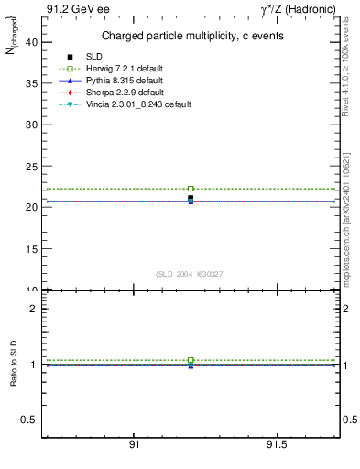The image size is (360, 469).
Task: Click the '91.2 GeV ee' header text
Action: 71,9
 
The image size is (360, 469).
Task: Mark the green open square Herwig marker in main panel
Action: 191,189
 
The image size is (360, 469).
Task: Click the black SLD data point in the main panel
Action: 191,198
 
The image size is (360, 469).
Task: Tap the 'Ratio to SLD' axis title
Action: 13,378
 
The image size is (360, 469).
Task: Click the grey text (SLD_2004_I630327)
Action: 191,274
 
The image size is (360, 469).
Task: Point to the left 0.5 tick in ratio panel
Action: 31,420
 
